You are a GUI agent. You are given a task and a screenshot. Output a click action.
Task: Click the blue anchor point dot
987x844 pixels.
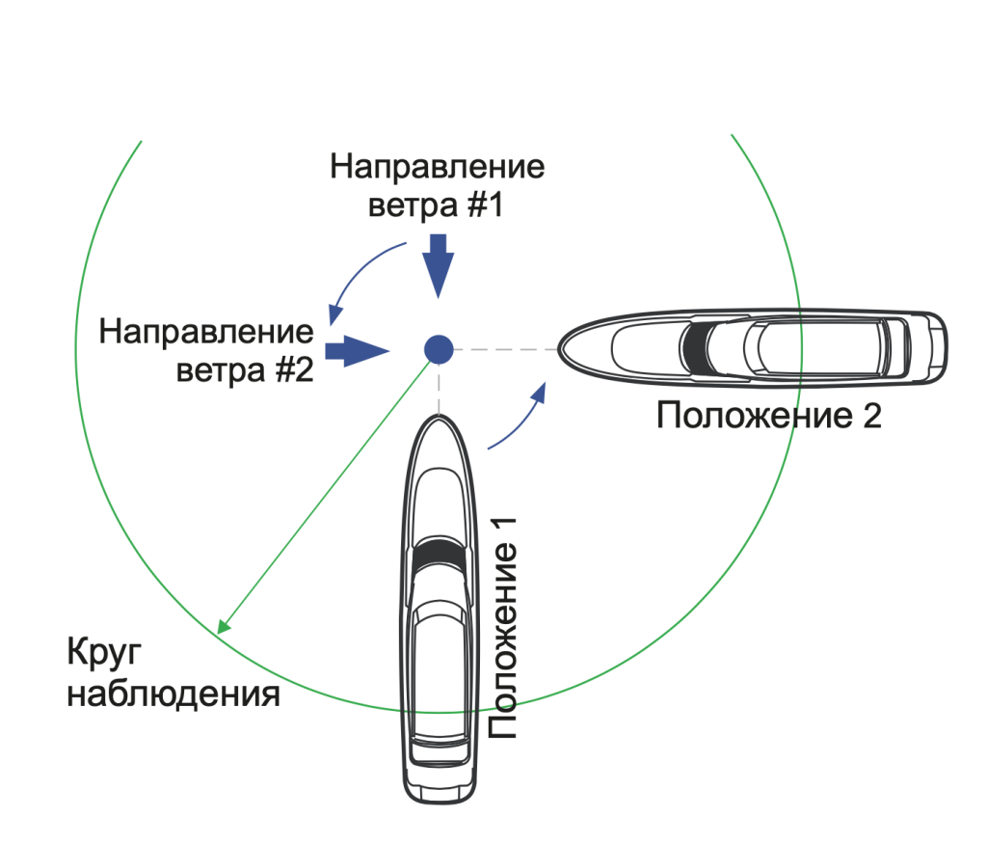(439, 349)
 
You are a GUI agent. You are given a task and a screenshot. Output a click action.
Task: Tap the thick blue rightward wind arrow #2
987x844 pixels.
(357, 350)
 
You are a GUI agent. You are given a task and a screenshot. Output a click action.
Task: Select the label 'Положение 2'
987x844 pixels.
(768, 416)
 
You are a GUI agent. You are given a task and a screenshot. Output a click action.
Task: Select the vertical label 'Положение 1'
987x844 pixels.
(503, 628)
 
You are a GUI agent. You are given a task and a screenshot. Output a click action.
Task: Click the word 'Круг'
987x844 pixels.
(104, 652)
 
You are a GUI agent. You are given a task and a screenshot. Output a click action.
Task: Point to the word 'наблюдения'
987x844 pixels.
(173, 694)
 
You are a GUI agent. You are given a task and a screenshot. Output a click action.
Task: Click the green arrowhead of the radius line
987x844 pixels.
(223, 626)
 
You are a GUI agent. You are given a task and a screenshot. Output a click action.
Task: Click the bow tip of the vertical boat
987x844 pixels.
(439, 417)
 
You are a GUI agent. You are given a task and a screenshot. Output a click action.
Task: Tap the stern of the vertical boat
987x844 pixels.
(440, 795)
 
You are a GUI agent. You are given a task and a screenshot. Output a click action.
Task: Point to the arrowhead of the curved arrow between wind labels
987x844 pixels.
(335, 314)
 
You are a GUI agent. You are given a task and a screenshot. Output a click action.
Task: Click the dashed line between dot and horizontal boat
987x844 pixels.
(505, 349)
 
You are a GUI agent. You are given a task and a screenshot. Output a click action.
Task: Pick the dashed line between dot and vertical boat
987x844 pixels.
(439, 390)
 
